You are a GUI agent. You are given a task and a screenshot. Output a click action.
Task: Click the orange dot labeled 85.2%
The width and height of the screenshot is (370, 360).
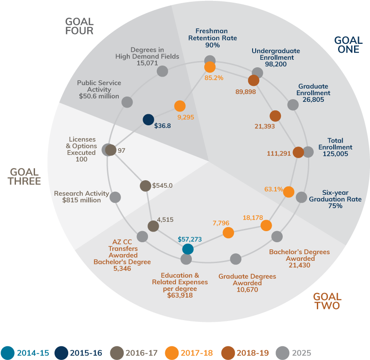pyautogui.click(x=210, y=67)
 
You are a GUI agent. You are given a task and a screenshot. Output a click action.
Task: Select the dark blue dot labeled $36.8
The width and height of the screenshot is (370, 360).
pyautogui.click(x=148, y=120)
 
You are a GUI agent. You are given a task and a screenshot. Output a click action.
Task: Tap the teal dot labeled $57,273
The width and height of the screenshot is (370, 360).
pyautogui.click(x=188, y=249)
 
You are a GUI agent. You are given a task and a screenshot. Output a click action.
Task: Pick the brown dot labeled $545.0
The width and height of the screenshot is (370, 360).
pyautogui.click(x=145, y=186)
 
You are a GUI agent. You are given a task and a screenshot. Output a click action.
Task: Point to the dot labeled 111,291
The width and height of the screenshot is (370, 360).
pyautogui.click(x=298, y=152)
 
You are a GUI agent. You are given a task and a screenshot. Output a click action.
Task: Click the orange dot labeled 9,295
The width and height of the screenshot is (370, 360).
pyautogui.click(x=179, y=106)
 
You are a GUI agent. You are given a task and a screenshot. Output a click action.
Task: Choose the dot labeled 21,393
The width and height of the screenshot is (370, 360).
pyautogui.click(x=275, y=116)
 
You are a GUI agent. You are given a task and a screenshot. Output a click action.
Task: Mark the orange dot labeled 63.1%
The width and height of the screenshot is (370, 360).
pyautogui.click(x=288, y=192)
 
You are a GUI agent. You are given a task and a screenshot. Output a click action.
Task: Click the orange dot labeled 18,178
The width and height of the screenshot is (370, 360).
pyautogui.click(x=266, y=226)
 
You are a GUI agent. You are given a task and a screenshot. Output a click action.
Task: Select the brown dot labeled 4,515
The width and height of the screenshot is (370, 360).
pyautogui.click(x=153, y=226)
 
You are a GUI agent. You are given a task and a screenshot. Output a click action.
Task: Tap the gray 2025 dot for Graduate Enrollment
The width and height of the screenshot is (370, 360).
pyautogui.click(x=293, y=105)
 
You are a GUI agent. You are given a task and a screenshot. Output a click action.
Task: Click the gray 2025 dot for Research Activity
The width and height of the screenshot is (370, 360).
pyautogui.click(x=115, y=197)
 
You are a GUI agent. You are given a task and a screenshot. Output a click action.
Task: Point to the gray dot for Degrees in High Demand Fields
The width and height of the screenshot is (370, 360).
pyautogui.click(x=163, y=71)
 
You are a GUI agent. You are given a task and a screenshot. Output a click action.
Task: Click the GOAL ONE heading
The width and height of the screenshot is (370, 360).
pyautogui.click(x=348, y=45)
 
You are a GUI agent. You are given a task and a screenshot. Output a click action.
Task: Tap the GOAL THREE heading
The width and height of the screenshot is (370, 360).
pyautogui.click(x=24, y=176)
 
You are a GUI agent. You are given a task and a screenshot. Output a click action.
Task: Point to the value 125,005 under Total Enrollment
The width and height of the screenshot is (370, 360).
pyautogui.click(x=335, y=154)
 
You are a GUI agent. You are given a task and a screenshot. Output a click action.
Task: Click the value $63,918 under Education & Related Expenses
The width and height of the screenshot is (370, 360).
pyautogui.click(x=180, y=295)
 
